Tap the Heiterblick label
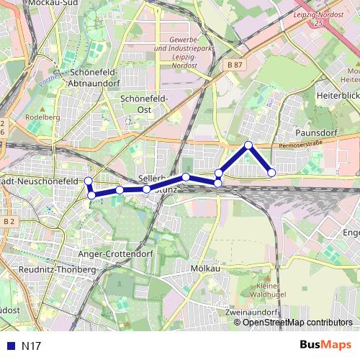pos(337,96)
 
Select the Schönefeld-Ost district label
pos(145,104)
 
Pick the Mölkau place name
pos(206,268)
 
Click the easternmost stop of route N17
pos(271,172)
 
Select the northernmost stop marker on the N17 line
pos(248,145)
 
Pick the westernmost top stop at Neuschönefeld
pos(89,181)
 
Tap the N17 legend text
pos(30,346)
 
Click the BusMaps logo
pos(325,345)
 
